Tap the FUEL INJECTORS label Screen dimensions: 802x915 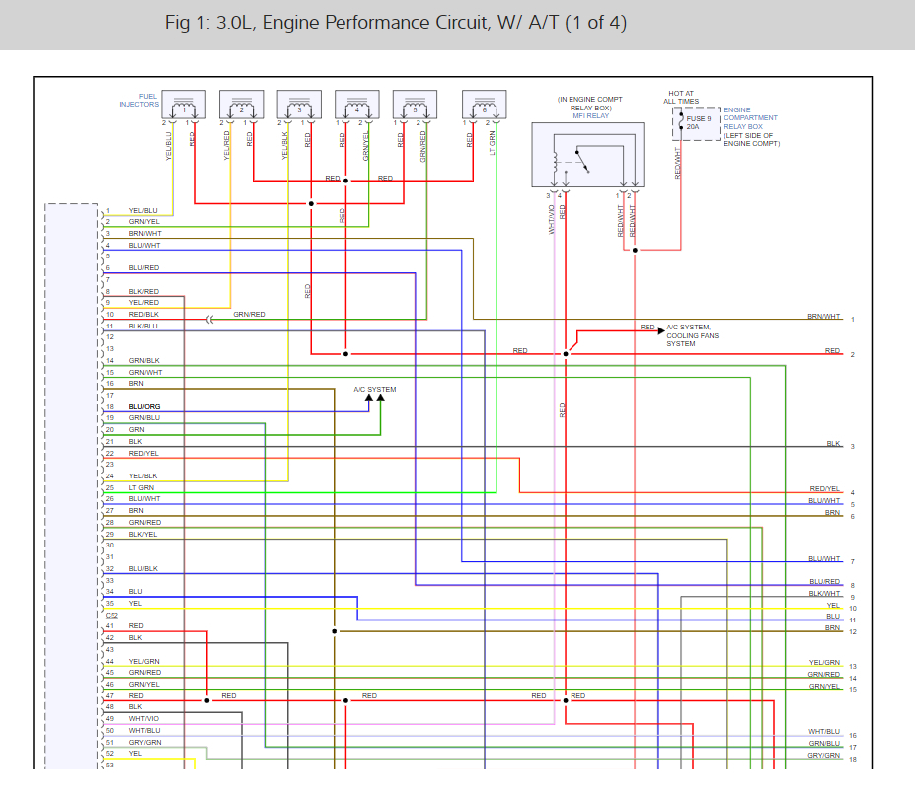(x=139, y=100)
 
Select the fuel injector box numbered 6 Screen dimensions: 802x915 (x=484, y=105)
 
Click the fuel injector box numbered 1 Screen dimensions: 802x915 (x=183, y=105)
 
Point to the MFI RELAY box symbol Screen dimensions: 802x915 (x=587, y=155)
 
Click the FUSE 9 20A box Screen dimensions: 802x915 (x=697, y=123)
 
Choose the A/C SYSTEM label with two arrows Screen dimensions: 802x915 (x=375, y=390)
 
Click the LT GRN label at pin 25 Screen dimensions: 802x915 (x=141, y=487)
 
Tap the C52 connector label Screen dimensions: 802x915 (x=112, y=615)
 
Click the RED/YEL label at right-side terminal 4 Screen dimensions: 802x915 (x=824, y=489)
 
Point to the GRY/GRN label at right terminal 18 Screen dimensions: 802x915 (x=824, y=755)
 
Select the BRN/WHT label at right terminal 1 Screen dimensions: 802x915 (x=824, y=317)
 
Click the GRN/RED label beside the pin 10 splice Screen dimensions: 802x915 (x=249, y=315)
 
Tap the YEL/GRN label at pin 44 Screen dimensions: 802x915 (x=143, y=661)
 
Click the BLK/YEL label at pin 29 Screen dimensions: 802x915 (x=143, y=534)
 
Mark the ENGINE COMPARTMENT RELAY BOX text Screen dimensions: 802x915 (x=751, y=127)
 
